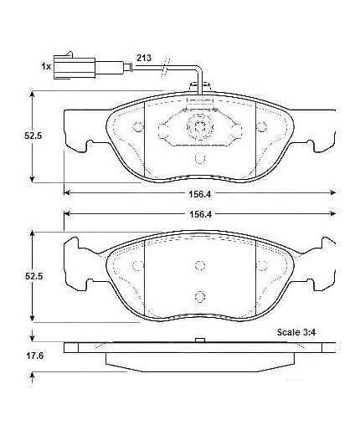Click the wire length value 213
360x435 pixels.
pos(144,58)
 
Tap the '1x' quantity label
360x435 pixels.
pos(46,67)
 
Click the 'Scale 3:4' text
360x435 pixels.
pos(296,332)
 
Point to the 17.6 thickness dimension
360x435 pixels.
pos(35,356)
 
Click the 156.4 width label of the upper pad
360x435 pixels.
pos(200,194)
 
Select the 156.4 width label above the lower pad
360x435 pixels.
pos(200,214)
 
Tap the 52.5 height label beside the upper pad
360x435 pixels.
pos(33,136)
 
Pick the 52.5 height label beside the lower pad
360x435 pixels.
pos(33,276)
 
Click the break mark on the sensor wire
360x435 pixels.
pos(165,67)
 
